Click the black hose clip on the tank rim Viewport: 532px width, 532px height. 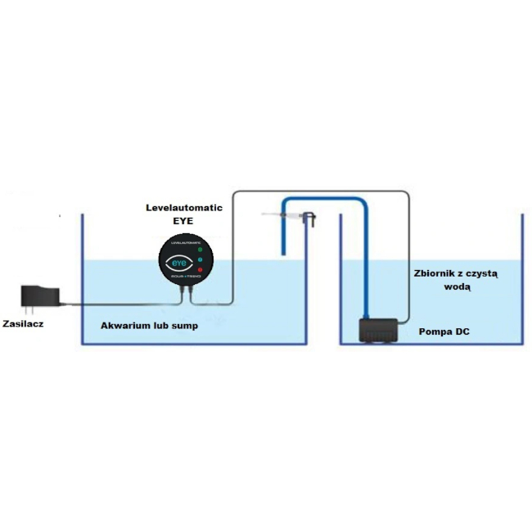[309, 219]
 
